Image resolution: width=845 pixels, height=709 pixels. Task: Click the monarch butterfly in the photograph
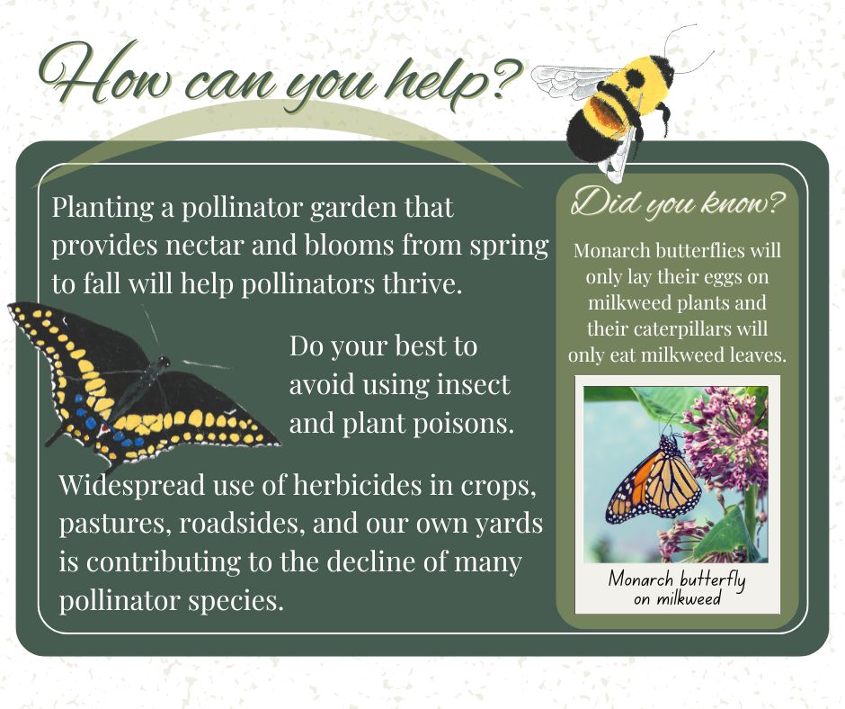tap(654, 480)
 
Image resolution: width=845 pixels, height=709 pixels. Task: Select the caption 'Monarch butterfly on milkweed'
tap(678, 588)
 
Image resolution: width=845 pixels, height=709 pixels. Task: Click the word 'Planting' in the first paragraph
tap(102, 208)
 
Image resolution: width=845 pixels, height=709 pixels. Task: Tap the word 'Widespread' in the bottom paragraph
tap(132, 485)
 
